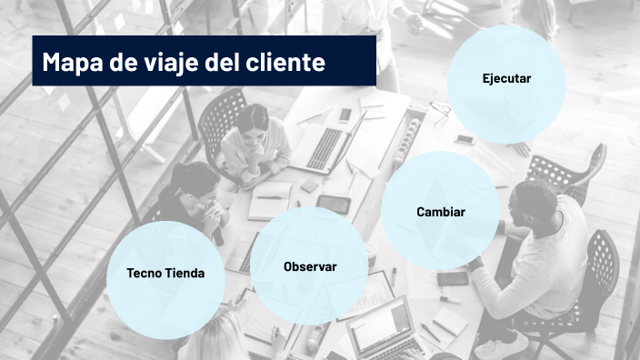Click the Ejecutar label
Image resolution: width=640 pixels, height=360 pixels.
[506, 79]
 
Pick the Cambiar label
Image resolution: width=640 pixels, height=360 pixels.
[441, 212]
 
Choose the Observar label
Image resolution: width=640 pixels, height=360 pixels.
[310, 267]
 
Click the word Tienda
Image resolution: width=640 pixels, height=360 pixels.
[185, 273]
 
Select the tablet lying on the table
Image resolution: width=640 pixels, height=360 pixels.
[334, 205]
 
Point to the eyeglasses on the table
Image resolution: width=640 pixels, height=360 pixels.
[441, 111]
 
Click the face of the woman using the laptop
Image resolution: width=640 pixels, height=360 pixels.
[255, 125]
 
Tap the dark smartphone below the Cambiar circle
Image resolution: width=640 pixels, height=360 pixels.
[452, 278]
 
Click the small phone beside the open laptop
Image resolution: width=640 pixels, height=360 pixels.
[345, 115]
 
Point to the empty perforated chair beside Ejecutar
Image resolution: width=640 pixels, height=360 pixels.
[570, 169]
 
